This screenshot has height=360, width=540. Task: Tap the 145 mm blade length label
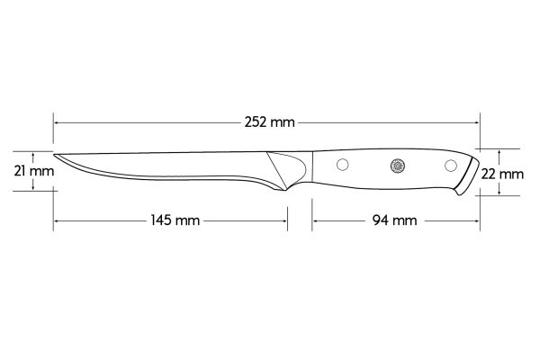pos(170,220)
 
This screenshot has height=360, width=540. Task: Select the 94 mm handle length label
pos(393,220)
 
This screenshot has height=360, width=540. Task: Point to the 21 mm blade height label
pos(27,170)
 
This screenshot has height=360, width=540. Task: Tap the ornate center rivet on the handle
pos(398,165)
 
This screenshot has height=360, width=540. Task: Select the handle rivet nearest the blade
pos(342,165)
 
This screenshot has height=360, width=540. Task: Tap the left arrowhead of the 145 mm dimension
pos(56,220)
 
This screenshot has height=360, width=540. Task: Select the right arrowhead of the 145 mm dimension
pos(285,220)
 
